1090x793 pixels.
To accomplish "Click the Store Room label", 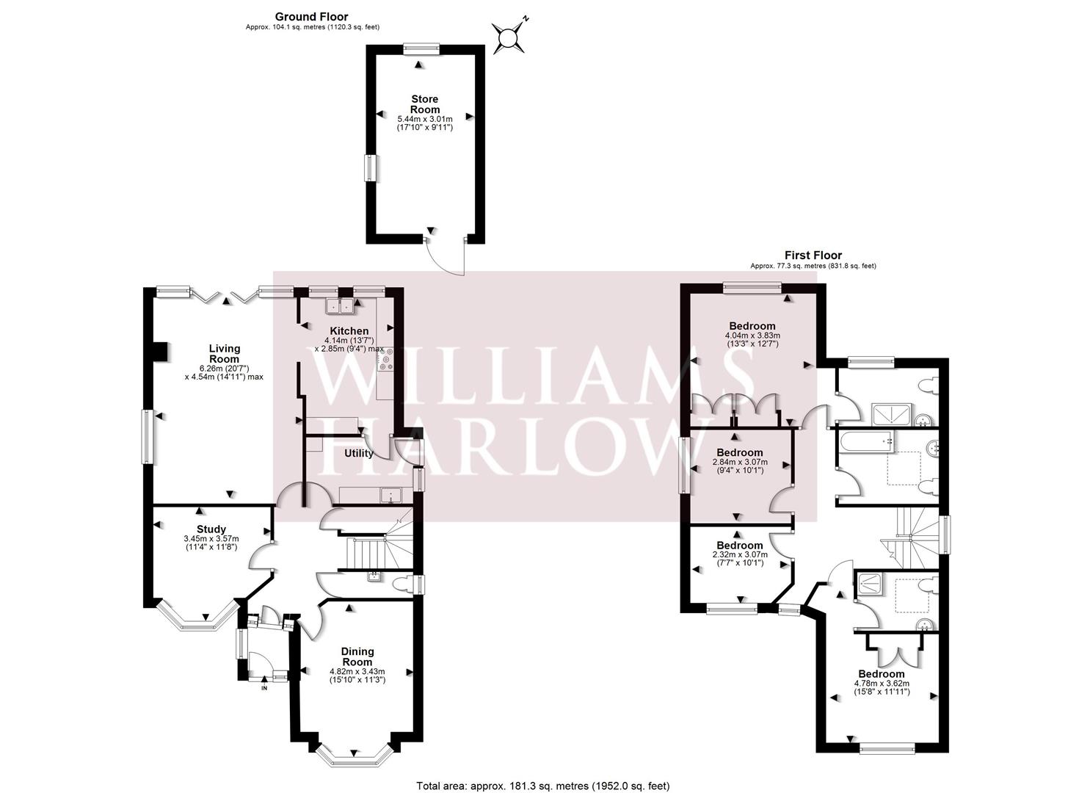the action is [x=425, y=105].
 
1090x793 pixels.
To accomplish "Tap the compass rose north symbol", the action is [x=509, y=37].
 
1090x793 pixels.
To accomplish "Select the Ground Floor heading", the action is [x=312, y=17].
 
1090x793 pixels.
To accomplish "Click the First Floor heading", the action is [x=813, y=255].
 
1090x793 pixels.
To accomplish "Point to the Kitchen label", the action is [x=349, y=331].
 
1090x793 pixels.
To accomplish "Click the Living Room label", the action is [x=225, y=354].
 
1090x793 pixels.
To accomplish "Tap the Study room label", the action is [x=211, y=529].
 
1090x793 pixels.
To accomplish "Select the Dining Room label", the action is [x=357, y=656].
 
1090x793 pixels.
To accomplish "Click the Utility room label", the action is [x=359, y=453].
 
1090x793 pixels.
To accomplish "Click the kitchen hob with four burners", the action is [x=385, y=359].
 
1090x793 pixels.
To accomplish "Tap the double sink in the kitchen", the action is [x=340, y=305].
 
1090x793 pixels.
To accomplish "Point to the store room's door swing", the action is [x=445, y=256].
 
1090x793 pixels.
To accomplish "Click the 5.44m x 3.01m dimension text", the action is [x=425, y=119].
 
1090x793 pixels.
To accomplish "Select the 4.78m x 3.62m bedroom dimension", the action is [x=882, y=684].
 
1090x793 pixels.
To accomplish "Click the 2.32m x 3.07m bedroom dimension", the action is [x=740, y=554].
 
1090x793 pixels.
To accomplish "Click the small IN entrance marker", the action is [x=264, y=688].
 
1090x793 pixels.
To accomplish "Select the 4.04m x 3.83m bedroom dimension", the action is [x=752, y=336].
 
